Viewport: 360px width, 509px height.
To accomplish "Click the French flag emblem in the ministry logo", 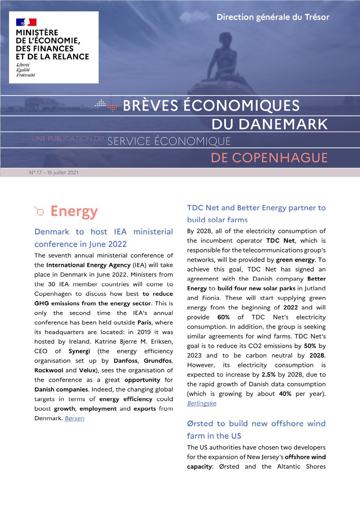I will [26, 22].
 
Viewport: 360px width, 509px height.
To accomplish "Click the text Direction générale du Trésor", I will [273, 17].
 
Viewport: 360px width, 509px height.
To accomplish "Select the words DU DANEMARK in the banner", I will [270, 124].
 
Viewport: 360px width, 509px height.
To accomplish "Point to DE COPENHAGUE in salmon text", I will [269, 158].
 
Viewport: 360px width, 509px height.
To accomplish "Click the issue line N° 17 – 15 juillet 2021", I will [53, 173].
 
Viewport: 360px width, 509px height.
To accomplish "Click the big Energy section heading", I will [74, 211].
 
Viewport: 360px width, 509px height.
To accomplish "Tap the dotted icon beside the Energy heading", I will [39, 211].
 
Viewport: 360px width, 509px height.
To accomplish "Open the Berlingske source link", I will [202, 403].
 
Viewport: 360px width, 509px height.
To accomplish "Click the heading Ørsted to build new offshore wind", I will [256, 423].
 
